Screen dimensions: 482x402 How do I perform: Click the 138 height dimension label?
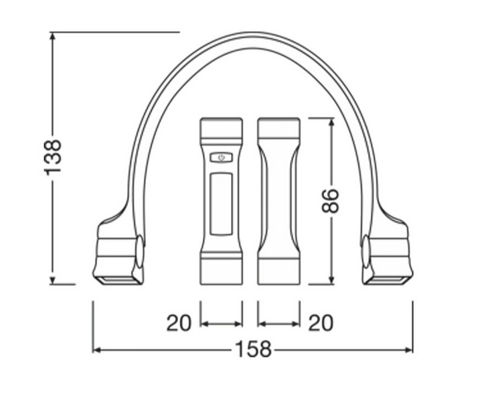[53, 158]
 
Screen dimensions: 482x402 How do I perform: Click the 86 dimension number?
[331, 201]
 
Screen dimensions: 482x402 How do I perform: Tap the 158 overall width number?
[253, 349]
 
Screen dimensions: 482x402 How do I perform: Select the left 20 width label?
[179, 323]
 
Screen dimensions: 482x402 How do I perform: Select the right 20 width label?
[321, 323]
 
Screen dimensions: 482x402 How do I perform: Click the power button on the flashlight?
[222, 158]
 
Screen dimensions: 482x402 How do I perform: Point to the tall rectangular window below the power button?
[222, 204]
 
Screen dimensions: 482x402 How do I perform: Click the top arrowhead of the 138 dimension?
[53, 36]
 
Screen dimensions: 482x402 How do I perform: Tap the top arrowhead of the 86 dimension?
[331, 123]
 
